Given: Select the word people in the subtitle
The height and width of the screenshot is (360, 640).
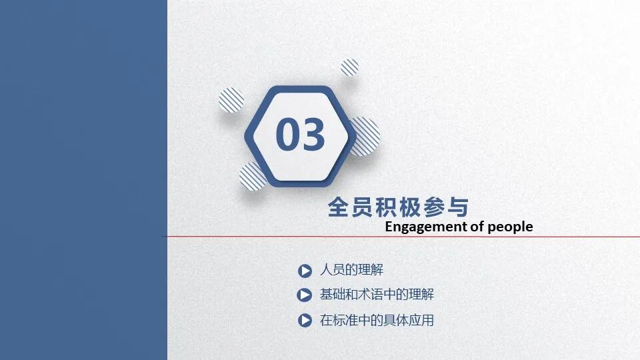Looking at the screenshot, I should [511, 227].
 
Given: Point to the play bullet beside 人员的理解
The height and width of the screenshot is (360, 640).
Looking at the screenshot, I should [305, 271].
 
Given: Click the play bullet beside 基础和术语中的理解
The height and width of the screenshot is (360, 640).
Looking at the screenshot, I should [305, 295].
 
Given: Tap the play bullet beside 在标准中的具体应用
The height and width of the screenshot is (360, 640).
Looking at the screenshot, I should [305, 321].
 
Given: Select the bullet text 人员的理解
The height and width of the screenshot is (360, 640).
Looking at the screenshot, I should [351, 270].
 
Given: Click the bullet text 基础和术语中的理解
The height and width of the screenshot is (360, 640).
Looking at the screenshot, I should [377, 294].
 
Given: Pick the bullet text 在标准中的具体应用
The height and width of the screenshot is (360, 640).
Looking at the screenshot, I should [377, 320].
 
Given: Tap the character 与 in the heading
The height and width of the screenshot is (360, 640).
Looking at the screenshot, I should [458, 207].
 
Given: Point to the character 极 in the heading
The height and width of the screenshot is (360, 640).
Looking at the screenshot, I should [410, 207].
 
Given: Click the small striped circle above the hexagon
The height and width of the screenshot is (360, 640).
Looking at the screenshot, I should [350, 67].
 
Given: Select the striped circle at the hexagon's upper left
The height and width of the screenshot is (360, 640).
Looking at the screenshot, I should [231, 100].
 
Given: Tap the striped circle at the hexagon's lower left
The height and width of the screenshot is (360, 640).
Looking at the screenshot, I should [253, 177].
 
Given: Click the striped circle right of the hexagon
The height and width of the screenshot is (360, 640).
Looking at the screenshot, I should [365, 136].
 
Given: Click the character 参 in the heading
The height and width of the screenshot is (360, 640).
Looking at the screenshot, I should [434, 207].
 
